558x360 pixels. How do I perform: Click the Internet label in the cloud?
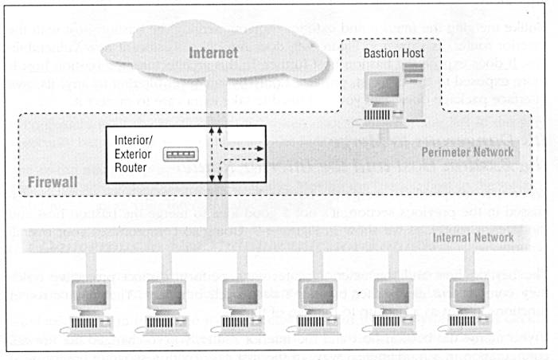click(x=213, y=54)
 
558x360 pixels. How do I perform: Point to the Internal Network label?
click(x=471, y=237)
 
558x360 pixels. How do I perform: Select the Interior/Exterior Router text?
click(x=136, y=147)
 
